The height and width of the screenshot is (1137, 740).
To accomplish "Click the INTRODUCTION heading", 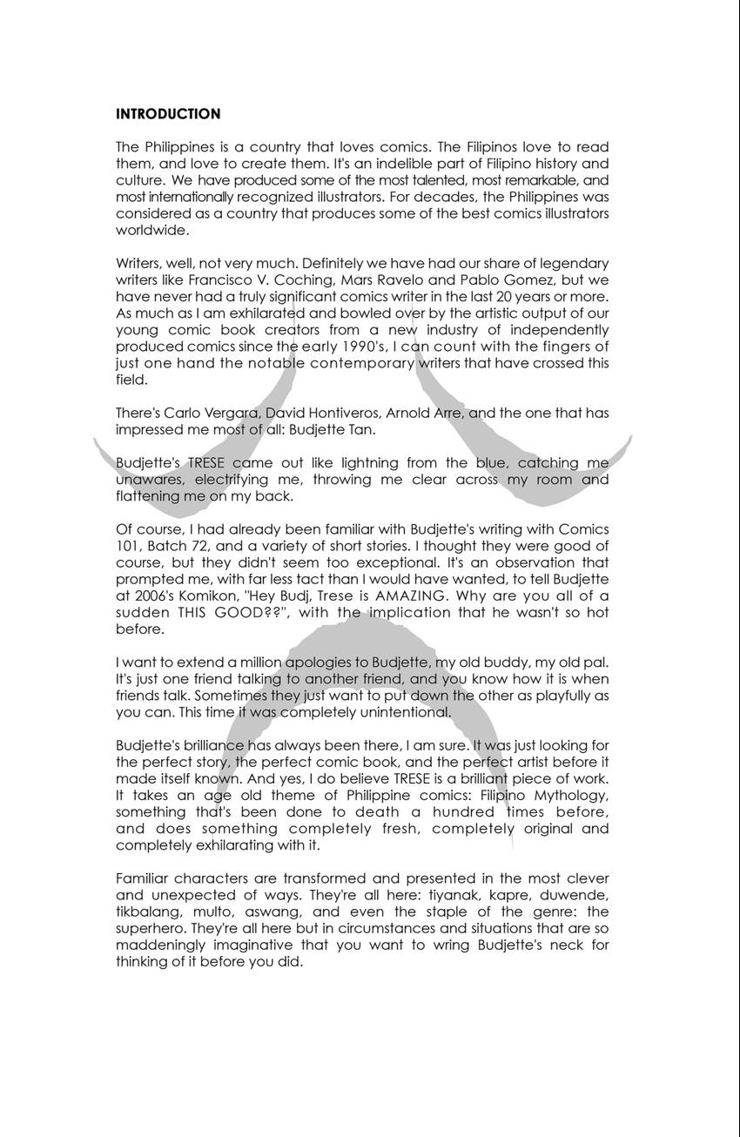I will [168, 114].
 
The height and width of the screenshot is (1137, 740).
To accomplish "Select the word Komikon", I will [182, 595].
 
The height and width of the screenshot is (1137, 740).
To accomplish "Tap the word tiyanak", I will [452, 895].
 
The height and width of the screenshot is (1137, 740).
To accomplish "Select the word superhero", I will [150, 928].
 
